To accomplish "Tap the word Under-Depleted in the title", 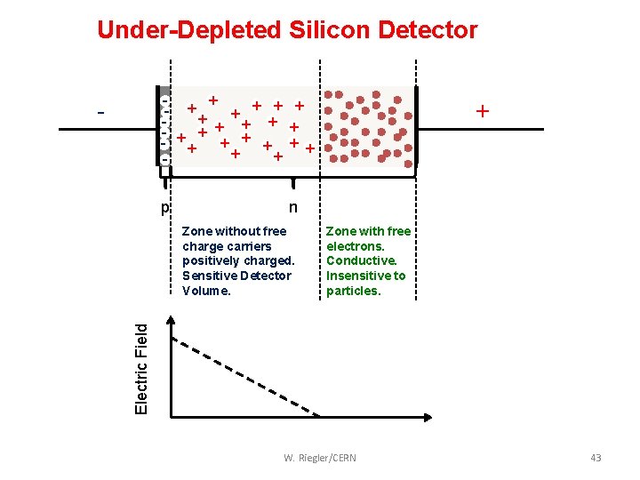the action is (189, 30).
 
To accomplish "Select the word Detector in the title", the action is (428, 30).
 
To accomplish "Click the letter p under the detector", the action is (164, 209).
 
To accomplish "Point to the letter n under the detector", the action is (293, 209).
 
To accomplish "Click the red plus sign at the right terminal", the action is (483, 112).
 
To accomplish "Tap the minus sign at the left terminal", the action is (101, 114).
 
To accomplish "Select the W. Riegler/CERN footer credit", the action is (320, 458).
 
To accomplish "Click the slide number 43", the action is (596, 458).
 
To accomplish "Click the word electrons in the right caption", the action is (355, 246).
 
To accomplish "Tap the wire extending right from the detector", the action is (480, 130).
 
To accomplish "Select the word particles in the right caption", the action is (353, 291).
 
